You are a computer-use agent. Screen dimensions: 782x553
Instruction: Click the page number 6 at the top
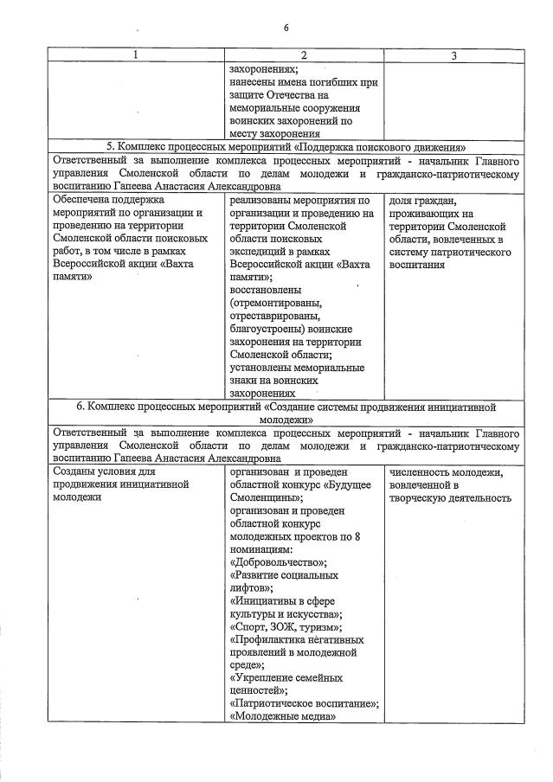[x=286, y=27]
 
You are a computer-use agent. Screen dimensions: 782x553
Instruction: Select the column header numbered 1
[x=134, y=55]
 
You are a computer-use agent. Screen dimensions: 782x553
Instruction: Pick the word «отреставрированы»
[x=274, y=316]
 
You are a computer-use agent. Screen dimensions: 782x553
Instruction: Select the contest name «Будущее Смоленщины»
[x=303, y=490]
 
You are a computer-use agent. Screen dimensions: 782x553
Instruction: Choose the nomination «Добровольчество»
[x=273, y=562]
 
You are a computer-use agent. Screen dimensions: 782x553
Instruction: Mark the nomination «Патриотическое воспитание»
[x=303, y=704]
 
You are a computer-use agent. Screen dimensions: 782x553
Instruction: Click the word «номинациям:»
[x=261, y=548]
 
